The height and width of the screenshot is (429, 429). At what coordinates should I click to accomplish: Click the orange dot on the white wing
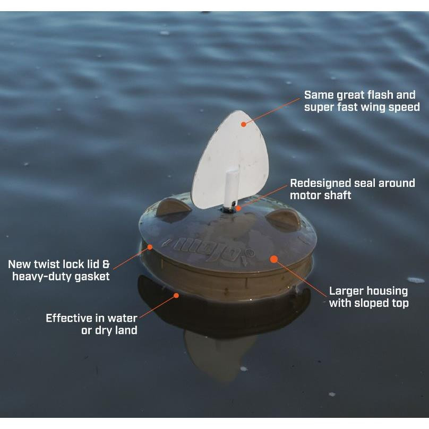pyautogui.click(x=244, y=124)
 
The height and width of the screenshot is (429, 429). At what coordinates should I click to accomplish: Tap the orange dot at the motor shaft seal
pyautogui.click(x=238, y=208)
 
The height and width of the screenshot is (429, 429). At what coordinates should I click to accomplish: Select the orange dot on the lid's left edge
pyautogui.click(x=150, y=247)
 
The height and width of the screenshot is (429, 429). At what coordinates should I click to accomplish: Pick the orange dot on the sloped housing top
pyautogui.click(x=274, y=259)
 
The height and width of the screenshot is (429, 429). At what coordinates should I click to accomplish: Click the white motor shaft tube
pyautogui.click(x=231, y=187)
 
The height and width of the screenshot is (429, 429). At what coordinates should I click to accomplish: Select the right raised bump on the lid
pyautogui.click(x=284, y=218)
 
